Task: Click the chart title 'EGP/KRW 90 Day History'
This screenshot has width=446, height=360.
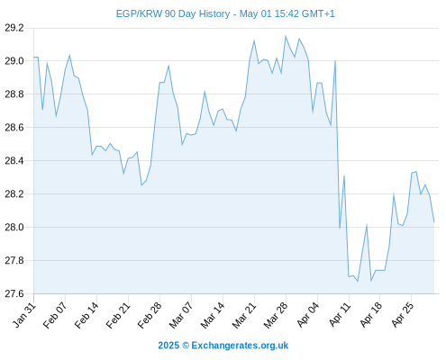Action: point(173,13)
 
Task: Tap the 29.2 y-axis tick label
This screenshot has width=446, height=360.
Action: point(14,28)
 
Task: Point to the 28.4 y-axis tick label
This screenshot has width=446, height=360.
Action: point(14,161)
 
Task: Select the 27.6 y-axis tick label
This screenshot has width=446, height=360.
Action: point(14,293)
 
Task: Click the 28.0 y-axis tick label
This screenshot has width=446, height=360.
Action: point(14,228)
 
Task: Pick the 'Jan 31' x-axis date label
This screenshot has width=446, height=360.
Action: point(24,315)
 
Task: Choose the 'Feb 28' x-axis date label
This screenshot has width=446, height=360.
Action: point(150,315)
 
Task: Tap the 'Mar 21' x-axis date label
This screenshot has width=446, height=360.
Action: point(244,315)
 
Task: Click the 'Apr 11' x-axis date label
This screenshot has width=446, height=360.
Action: point(340,315)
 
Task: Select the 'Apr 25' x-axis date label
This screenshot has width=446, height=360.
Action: point(403,315)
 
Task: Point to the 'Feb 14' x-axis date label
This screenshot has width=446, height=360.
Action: point(86,315)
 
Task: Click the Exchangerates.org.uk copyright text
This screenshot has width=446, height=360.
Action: point(223,346)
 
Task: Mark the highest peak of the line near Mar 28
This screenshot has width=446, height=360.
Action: point(286,36)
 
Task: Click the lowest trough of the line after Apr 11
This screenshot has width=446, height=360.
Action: point(358,282)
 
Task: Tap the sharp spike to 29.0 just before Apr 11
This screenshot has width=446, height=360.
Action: point(335,61)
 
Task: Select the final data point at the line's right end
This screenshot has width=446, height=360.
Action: point(434,222)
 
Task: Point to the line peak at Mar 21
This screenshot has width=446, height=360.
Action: point(254,40)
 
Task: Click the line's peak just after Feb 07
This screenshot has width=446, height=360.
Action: point(69,55)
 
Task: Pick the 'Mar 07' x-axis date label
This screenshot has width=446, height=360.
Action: point(181,315)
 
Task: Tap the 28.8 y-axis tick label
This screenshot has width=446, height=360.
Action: point(14,94)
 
